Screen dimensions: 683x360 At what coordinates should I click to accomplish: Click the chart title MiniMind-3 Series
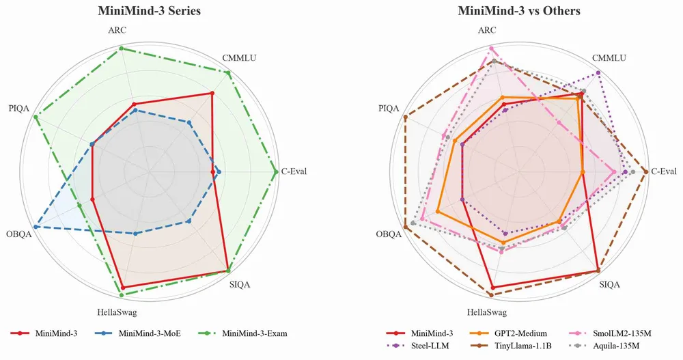point(150,11)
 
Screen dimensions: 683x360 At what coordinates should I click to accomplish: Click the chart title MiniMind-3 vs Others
point(519,11)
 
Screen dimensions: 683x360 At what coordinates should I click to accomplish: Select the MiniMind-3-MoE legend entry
point(137,333)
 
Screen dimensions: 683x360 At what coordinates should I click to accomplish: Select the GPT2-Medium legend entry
point(508,333)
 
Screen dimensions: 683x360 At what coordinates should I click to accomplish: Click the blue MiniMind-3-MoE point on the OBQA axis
point(36,227)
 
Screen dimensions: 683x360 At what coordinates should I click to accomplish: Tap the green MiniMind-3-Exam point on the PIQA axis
point(36,117)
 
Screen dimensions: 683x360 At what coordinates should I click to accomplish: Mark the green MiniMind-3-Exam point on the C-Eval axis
point(275,172)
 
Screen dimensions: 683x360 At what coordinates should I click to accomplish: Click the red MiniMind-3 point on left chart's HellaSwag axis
point(123,288)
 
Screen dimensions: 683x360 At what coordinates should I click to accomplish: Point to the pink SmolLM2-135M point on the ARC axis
point(491,49)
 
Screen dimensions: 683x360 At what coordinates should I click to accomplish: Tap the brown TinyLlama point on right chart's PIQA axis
point(406,117)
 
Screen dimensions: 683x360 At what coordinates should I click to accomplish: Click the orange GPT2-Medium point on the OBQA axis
point(437,212)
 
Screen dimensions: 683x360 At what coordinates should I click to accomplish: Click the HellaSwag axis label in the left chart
point(117,312)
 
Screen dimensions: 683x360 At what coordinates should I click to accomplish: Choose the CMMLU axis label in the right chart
point(609,58)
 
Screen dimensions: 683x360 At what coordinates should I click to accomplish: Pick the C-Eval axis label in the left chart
point(294,171)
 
